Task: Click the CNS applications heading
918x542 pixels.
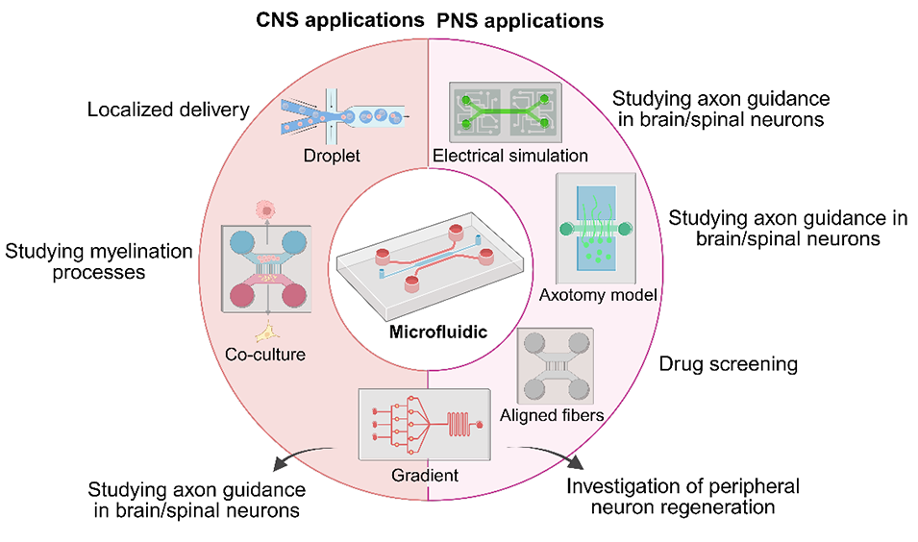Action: [x=338, y=19]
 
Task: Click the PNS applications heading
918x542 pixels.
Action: [x=521, y=19]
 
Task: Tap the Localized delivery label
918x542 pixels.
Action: [x=168, y=110]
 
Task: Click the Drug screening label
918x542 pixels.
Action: [x=728, y=364]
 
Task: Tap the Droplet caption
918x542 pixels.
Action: [x=332, y=155]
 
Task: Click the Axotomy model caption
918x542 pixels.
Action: [x=598, y=295]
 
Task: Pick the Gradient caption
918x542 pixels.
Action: [x=426, y=475]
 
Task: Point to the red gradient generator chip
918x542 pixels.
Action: [x=423, y=424]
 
